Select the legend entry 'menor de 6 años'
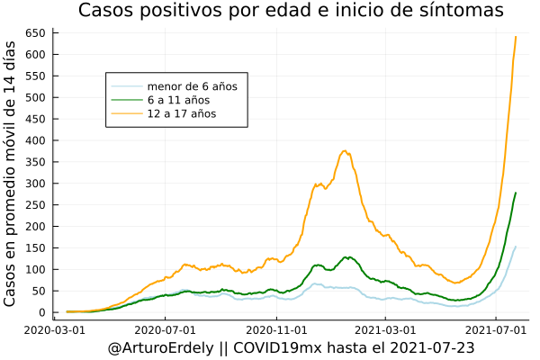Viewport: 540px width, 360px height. coord(192,86)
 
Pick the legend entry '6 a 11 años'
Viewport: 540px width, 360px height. coord(178,100)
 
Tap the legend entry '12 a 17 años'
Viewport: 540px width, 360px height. coord(182,114)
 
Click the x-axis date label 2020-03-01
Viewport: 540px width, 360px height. coord(56,329)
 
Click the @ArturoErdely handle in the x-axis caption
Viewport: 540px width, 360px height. coord(159,347)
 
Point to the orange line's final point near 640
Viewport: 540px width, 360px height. coord(515,37)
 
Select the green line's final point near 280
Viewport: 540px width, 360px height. coord(515,193)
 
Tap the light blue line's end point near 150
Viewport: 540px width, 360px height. coord(515,247)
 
